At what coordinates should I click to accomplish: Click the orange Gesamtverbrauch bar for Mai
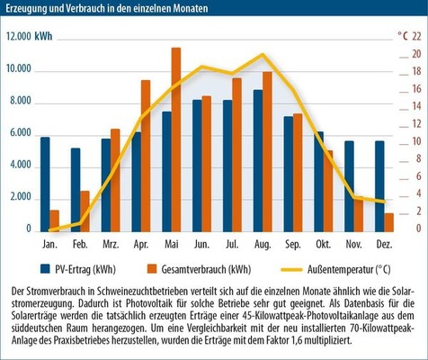176,139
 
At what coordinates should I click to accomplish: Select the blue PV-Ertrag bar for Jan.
45,184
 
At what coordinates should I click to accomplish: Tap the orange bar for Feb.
85,211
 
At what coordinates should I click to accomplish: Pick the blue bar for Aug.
258,161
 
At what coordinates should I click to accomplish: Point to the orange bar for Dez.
388,222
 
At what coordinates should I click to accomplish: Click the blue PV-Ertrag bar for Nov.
349,186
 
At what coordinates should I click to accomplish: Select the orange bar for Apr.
146,156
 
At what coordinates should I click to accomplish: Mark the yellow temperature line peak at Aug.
263,54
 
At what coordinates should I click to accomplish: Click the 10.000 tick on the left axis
19,68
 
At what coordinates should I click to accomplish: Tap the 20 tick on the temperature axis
416,54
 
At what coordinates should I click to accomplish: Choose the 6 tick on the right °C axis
419,176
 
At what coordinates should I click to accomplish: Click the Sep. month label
293,245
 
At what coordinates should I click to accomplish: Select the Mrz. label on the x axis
111,245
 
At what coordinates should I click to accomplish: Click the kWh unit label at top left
43,36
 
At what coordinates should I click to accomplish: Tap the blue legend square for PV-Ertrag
45,269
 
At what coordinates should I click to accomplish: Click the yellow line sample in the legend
291,270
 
